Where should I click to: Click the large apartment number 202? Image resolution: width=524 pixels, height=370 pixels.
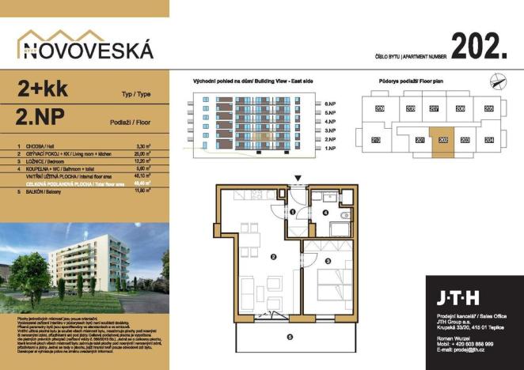pyautogui.click(x=479, y=47)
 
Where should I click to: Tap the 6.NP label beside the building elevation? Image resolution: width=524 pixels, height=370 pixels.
pyautogui.click(x=330, y=104)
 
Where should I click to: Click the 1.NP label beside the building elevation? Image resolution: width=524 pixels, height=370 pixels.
pyautogui.click(x=330, y=148)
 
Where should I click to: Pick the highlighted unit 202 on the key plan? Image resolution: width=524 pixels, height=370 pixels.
pyautogui.click(x=442, y=139)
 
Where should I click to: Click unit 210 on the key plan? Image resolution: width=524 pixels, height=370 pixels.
pyautogui.click(x=376, y=140)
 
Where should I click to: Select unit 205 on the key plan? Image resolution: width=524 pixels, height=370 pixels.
pyautogui.click(x=488, y=108)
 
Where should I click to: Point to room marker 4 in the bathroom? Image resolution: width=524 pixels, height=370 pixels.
pyautogui.click(x=325, y=213)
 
